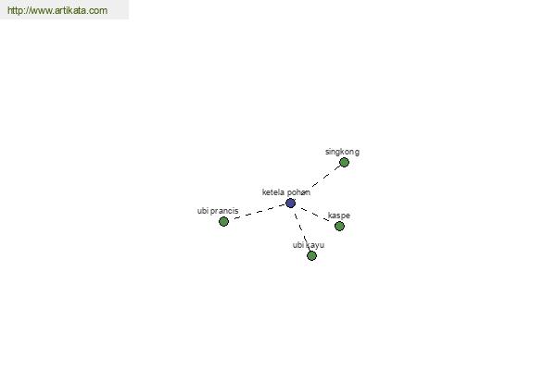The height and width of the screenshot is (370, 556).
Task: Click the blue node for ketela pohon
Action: point(290,203)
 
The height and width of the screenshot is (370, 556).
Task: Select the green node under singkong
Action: point(344,163)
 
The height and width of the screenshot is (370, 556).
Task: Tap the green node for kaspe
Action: point(339,226)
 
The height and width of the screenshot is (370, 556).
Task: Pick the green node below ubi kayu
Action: point(311,255)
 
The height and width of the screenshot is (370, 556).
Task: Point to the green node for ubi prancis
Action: point(223,222)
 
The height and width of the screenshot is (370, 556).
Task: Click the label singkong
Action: point(342,152)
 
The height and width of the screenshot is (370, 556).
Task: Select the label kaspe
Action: point(339,216)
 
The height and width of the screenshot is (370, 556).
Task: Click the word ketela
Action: point(273,192)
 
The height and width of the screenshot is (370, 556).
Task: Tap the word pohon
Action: point(298,192)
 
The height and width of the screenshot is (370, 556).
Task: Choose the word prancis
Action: point(224,211)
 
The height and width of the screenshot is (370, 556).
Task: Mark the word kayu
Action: point(315,245)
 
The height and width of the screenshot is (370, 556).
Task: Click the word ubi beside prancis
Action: point(203,211)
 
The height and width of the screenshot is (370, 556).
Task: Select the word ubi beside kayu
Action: point(298,245)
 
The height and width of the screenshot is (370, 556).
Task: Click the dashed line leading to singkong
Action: point(326,176)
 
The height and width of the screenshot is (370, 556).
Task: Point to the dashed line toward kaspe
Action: point(314,215)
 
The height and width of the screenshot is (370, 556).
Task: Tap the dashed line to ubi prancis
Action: point(259,212)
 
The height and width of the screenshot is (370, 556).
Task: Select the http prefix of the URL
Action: point(15,10)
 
